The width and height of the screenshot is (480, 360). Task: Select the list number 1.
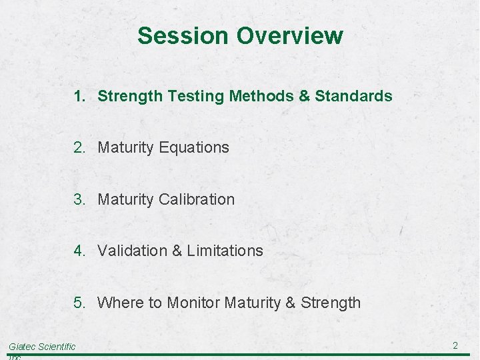pos(79,96)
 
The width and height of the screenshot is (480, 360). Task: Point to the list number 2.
pos(79,147)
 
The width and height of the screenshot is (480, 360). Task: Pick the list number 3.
pos(79,199)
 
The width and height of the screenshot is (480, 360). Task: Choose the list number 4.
pos(79,251)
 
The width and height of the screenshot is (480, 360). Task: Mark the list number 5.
pos(79,303)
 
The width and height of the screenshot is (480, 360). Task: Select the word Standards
pos(353,96)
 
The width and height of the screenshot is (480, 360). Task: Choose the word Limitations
pos(225,251)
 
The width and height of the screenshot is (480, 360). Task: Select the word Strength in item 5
pos(331,303)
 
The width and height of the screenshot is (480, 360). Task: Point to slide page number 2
pos(455,345)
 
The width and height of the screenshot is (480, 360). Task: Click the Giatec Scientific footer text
pos(42,346)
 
